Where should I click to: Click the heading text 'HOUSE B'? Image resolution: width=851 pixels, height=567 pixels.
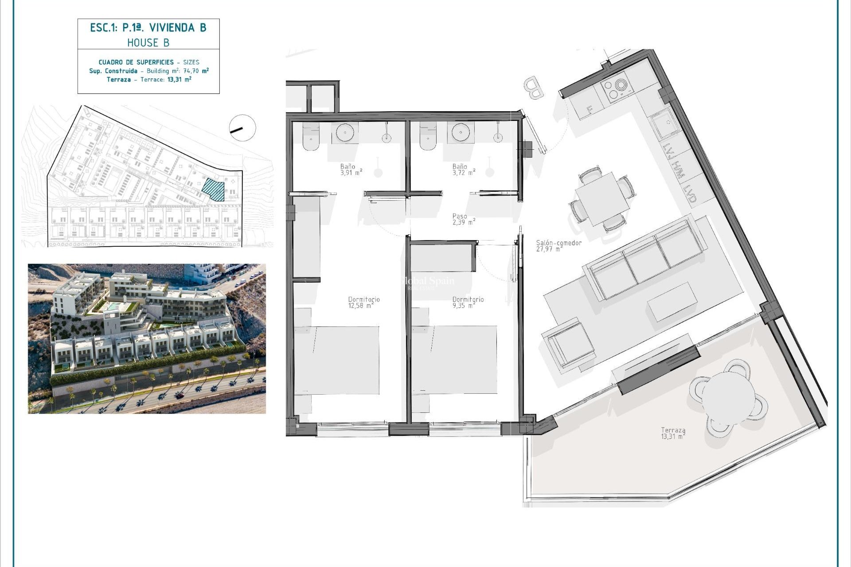pos(148,43)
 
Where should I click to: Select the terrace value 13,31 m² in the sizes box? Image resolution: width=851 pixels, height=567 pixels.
pos(179,80)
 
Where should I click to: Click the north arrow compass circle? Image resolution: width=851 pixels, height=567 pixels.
pos(242,128)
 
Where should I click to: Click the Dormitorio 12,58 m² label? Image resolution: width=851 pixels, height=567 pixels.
pos(363,303)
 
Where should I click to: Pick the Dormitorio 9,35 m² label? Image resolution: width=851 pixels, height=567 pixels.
pos(468,303)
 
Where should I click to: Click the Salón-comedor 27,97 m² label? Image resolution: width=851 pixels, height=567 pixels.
pos(558,246)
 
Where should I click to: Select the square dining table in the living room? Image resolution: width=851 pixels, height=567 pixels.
pos(601,198)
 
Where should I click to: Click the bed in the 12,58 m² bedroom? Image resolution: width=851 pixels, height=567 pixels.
pos(337,360)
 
